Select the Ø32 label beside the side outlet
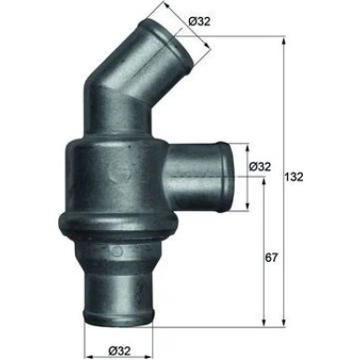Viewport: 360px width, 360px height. tap(261, 167)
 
